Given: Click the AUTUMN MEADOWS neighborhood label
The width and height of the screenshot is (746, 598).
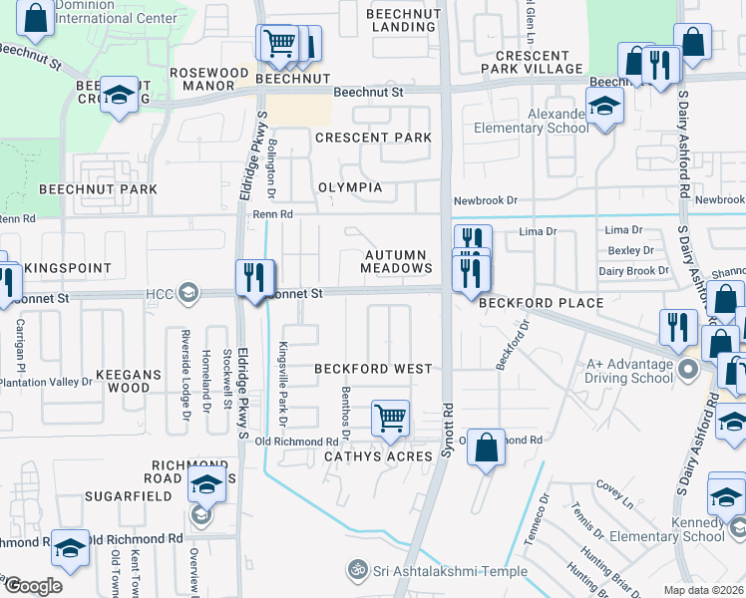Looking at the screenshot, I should [396, 262].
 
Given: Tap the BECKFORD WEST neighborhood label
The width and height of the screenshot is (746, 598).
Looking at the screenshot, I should [373, 369].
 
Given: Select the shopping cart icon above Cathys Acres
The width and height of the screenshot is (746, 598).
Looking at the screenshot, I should [390, 418].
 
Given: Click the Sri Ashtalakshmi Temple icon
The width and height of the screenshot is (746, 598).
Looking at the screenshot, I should [356, 569].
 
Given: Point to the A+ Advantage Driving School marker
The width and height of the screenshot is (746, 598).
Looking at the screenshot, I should [687, 372].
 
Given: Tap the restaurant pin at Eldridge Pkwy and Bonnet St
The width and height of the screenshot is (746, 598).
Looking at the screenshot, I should [253, 276].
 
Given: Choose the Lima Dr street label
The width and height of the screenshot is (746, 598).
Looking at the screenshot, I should [538, 231].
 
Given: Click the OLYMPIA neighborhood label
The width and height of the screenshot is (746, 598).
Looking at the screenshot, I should [350, 187].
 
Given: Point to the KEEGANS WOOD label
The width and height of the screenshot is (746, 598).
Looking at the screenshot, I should [122, 380].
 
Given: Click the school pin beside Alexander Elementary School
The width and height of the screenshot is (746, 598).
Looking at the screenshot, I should [604, 105].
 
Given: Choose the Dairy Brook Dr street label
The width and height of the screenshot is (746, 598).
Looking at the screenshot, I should [633, 271].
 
